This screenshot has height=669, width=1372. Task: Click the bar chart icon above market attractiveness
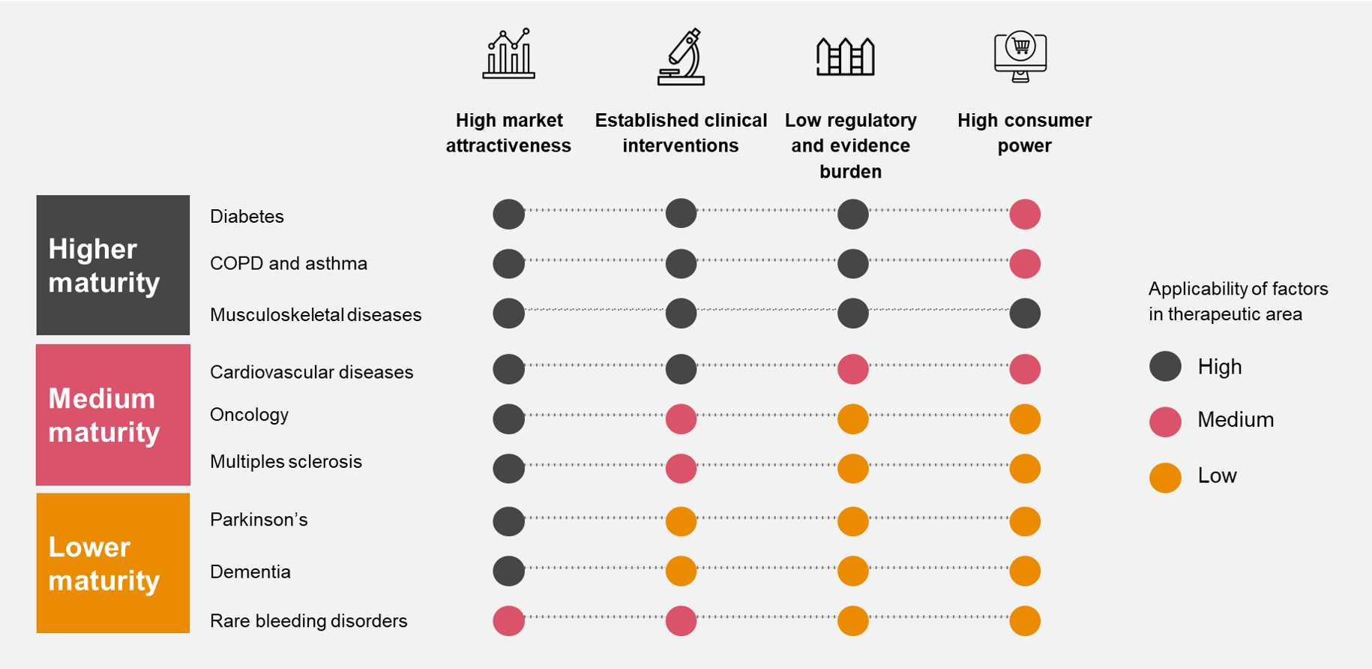509,54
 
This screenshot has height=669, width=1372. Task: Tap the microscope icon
681,57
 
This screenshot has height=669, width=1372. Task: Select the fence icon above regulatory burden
845,56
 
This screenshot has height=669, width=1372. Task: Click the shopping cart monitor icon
1020,56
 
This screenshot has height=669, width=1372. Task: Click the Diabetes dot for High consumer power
1024,214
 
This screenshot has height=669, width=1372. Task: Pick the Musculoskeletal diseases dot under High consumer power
1024,313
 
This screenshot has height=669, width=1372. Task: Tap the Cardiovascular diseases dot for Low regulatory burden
852,369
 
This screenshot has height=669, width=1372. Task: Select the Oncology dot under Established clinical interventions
681,418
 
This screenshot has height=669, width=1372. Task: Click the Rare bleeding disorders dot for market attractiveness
508,621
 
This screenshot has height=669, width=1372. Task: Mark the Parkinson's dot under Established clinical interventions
681,521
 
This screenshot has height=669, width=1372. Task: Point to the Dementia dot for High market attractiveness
508,571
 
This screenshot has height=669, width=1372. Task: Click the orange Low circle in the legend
1165,478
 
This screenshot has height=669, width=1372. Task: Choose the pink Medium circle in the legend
1165,422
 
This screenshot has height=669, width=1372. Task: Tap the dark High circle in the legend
1165,366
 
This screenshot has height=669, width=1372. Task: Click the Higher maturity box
113,265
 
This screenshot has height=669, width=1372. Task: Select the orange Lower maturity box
113,562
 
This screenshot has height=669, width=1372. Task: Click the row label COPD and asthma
289,263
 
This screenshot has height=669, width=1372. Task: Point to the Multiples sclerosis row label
286,461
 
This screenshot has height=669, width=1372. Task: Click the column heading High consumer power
1024,133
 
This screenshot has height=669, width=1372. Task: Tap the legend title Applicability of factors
1238,301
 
